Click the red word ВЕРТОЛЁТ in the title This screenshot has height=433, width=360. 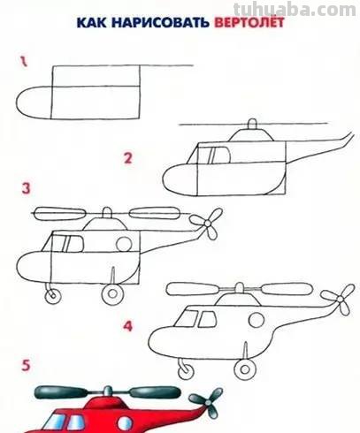click(x=249, y=22)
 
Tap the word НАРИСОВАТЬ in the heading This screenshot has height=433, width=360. click(x=160, y=23)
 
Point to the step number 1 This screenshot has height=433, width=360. click(x=24, y=62)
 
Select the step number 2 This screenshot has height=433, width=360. click(x=127, y=158)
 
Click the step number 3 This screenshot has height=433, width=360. click(x=26, y=188)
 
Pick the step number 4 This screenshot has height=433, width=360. click(x=127, y=326)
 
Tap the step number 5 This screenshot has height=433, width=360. click(x=26, y=365)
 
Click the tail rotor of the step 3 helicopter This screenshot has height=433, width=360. click(x=207, y=224)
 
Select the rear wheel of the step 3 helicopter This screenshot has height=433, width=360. click(x=112, y=293)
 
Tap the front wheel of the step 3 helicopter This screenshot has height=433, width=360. click(x=53, y=295)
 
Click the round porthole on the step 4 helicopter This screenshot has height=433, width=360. click(x=257, y=321)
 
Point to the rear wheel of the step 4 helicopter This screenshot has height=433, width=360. click(x=245, y=368)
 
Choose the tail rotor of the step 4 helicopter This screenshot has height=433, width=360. click(x=340, y=300)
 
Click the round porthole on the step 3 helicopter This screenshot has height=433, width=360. click(x=124, y=244)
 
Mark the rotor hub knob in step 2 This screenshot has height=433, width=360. click(x=252, y=124)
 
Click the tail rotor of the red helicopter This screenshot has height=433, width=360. click(x=207, y=402)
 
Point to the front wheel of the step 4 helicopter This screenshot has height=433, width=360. click(x=186, y=370)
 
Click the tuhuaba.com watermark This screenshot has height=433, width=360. click(x=295, y=9)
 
